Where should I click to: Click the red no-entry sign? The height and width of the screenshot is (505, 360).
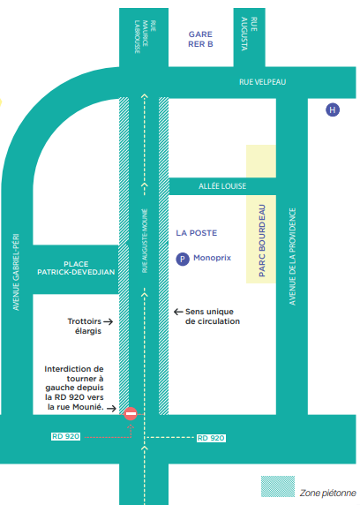[x=131, y=413]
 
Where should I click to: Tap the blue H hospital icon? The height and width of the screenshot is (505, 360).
[x=333, y=109]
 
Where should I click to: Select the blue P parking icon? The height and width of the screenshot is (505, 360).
[x=183, y=260]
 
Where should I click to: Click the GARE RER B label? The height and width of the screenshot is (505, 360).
[x=200, y=39]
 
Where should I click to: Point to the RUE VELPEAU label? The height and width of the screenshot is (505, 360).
[x=262, y=82]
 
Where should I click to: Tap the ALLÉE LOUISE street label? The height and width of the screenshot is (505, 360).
[x=222, y=186]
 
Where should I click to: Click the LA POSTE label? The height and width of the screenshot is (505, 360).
[x=197, y=233]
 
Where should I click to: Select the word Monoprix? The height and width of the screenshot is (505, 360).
[x=212, y=258]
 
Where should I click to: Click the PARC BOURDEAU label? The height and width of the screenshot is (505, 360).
[x=262, y=241]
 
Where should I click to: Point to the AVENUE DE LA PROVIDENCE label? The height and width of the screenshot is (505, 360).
[x=292, y=257]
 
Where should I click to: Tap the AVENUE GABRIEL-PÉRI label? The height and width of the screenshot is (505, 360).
[x=16, y=272]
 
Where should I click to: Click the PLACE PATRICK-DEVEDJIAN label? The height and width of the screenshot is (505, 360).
[x=76, y=268]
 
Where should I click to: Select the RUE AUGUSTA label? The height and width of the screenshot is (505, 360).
[x=249, y=34]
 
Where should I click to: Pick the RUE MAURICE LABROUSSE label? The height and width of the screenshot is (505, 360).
[x=146, y=37]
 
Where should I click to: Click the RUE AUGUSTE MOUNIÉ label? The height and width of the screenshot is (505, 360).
[x=145, y=241]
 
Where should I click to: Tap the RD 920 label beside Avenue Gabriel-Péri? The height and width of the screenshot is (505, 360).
[x=65, y=436]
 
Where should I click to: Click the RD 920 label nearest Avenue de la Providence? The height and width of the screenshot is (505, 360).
[x=211, y=438]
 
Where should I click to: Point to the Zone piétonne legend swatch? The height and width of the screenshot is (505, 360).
[x=278, y=486]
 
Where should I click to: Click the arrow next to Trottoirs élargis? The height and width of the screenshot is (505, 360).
[x=109, y=321]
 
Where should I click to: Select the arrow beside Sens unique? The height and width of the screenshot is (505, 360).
[x=178, y=312]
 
